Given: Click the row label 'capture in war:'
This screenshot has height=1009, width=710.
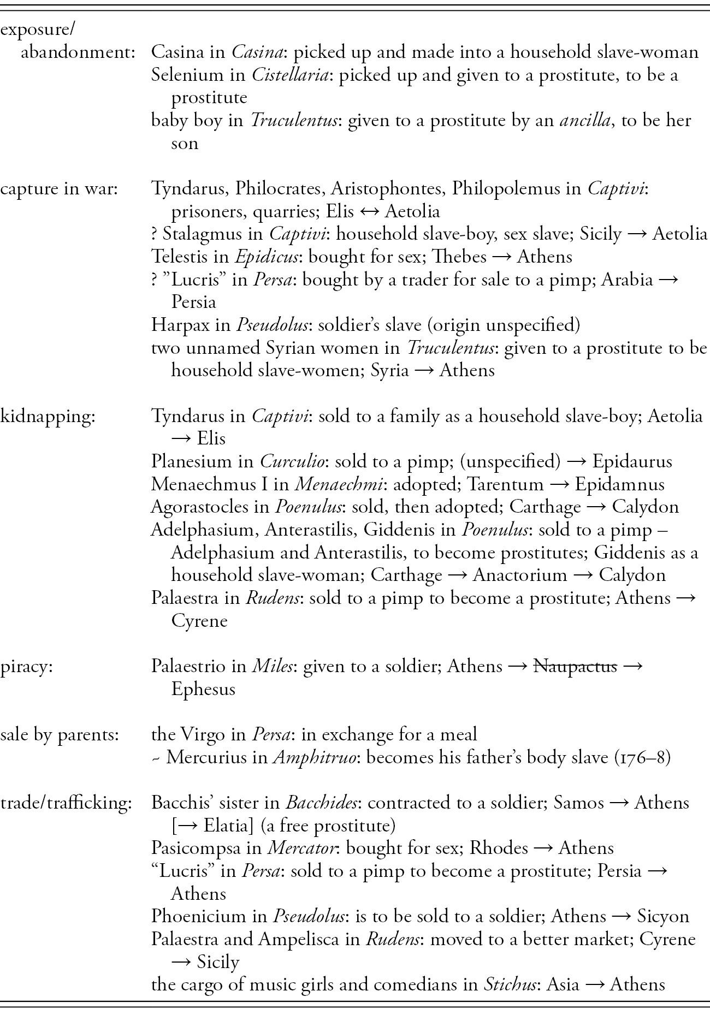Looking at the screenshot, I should [59, 189].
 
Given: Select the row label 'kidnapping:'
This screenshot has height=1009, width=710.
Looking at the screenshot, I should [48, 417].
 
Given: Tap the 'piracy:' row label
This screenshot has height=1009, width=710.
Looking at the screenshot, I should [26, 667].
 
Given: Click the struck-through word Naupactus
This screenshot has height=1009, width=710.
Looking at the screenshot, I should [575, 667].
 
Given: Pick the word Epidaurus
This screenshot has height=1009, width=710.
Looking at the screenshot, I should [632, 462].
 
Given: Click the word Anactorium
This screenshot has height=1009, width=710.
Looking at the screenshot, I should [520, 575].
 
